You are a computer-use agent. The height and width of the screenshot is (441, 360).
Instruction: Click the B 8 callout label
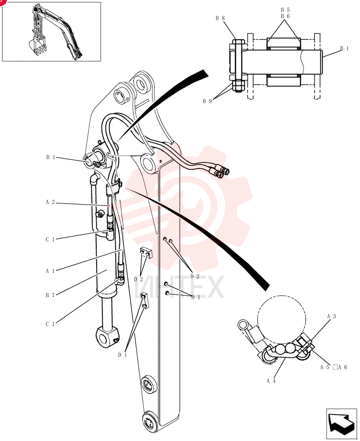[x=220, y=19]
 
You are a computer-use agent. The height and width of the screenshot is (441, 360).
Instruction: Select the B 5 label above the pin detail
[x=285, y=10]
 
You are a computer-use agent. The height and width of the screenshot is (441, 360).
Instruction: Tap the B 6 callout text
[x=285, y=16]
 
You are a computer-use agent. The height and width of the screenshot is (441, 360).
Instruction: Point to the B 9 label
[x=207, y=101]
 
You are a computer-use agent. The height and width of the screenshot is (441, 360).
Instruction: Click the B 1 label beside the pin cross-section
[x=345, y=49]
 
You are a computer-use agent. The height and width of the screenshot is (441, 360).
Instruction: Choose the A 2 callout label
[x=50, y=202]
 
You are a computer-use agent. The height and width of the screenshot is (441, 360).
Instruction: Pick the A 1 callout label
[x=50, y=271]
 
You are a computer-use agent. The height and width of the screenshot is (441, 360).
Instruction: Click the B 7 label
[x=50, y=295]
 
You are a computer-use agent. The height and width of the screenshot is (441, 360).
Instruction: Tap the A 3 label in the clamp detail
[x=332, y=316]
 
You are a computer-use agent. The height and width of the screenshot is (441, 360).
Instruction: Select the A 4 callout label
[x=271, y=381]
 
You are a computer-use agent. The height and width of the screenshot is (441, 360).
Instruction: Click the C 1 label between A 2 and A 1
[x=50, y=239]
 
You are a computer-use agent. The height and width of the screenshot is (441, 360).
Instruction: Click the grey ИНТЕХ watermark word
[x=179, y=287]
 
